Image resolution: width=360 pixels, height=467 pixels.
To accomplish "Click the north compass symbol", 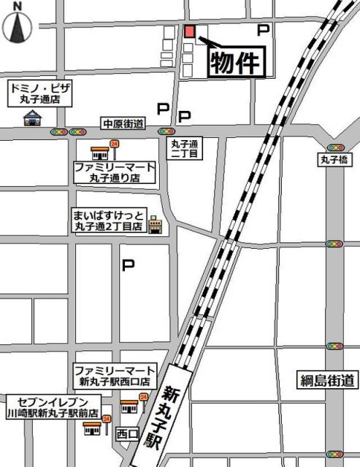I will click(18, 24).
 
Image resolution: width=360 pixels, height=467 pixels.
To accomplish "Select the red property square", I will click(190, 31).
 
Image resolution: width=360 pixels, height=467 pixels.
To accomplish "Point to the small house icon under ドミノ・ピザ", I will click(32, 117).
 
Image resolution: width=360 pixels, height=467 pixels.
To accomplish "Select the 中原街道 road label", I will click(123, 123).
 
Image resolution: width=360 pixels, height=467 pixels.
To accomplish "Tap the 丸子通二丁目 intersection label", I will click(185, 149).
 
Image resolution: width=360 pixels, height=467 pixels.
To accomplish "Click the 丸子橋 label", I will click(335, 158).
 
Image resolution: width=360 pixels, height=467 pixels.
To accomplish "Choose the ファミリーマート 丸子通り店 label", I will click(115, 172).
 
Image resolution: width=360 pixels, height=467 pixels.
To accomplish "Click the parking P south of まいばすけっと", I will click(128, 266).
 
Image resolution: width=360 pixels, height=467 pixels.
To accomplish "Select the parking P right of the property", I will click(264, 30).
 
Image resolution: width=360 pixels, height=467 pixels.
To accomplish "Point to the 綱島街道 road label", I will click(328, 379).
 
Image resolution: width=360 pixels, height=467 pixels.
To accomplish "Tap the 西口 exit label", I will click(128, 434).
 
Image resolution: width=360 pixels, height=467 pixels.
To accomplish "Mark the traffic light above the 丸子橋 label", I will click(335, 147).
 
